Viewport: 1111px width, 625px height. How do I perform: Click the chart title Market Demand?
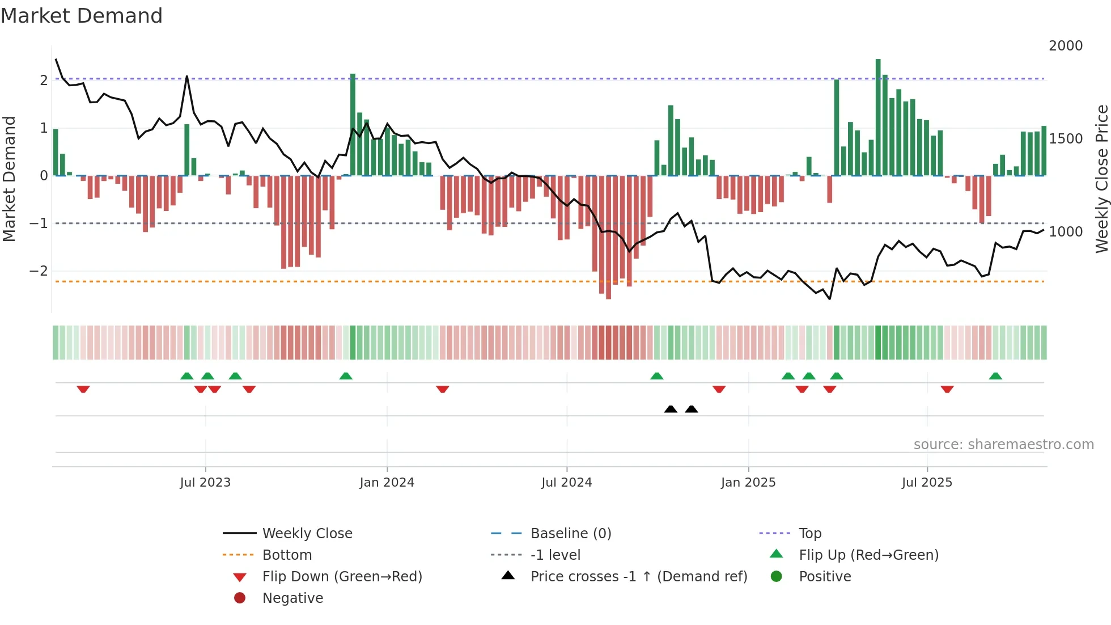(x=82, y=16)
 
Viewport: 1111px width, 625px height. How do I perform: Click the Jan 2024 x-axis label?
(x=387, y=483)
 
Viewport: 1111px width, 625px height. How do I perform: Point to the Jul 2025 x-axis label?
(x=927, y=483)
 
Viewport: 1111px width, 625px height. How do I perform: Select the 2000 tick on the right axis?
(x=1065, y=46)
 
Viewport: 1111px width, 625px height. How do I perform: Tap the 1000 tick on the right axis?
(x=1065, y=232)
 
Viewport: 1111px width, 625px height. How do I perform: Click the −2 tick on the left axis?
(x=39, y=271)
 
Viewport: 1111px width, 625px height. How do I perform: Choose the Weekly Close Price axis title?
(x=1101, y=179)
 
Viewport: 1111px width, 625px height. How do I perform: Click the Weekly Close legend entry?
(x=307, y=534)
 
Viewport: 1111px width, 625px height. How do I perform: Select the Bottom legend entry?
(x=287, y=555)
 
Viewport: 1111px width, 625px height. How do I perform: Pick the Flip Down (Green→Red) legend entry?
(x=342, y=577)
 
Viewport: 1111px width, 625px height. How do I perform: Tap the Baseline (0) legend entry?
(x=570, y=534)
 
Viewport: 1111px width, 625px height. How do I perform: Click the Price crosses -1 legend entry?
(x=638, y=577)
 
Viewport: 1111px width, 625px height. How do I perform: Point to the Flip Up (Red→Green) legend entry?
(x=868, y=555)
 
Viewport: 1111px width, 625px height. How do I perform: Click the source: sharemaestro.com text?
(x=1003, y=445)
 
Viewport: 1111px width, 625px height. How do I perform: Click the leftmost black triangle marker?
(x=671, y=409)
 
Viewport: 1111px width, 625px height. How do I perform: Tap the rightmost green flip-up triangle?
(x=995, y=376)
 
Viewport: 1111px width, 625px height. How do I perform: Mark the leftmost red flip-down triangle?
(x=83, y=389)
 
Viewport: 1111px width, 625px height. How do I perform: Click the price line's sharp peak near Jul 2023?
(x=187, y=77)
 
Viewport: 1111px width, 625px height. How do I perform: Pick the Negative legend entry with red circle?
(x=292, y=598)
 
